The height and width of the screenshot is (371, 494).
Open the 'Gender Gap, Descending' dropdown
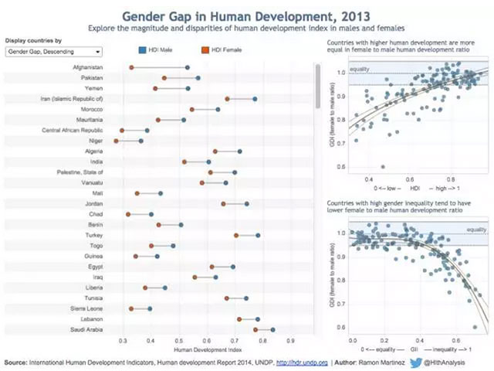coord(53,52)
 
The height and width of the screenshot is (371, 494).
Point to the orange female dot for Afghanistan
coord(131,67)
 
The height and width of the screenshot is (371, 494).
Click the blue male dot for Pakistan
coord(198,78)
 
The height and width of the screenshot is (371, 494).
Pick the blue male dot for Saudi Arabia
coord(272,330)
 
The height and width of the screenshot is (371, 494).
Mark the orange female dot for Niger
coord(116,141)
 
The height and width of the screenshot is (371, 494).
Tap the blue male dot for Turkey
coord(258,235)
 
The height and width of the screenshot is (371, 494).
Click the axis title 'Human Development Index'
coord(207,350)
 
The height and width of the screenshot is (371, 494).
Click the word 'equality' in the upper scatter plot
coord(359,70)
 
